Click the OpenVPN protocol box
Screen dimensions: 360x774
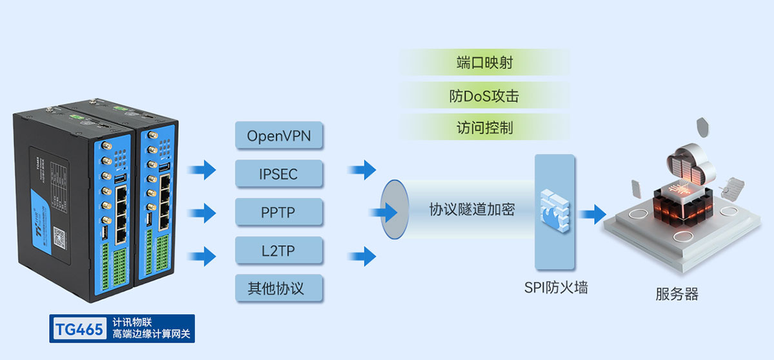[x=279, y=137]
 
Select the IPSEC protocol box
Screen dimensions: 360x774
[x=279, y=174]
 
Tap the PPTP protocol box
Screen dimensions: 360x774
[x=279, y=212]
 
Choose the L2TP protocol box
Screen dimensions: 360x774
[x=279, y=250]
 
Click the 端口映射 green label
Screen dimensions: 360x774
[x=484, y=63]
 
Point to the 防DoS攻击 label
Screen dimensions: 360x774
[x=484, y=96]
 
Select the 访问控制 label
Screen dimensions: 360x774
[x=484, y=127]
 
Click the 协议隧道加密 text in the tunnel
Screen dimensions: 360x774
[x=472, y=209]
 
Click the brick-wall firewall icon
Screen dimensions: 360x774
[x=554, y=210]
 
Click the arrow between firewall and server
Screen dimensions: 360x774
[x=591, y=212]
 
